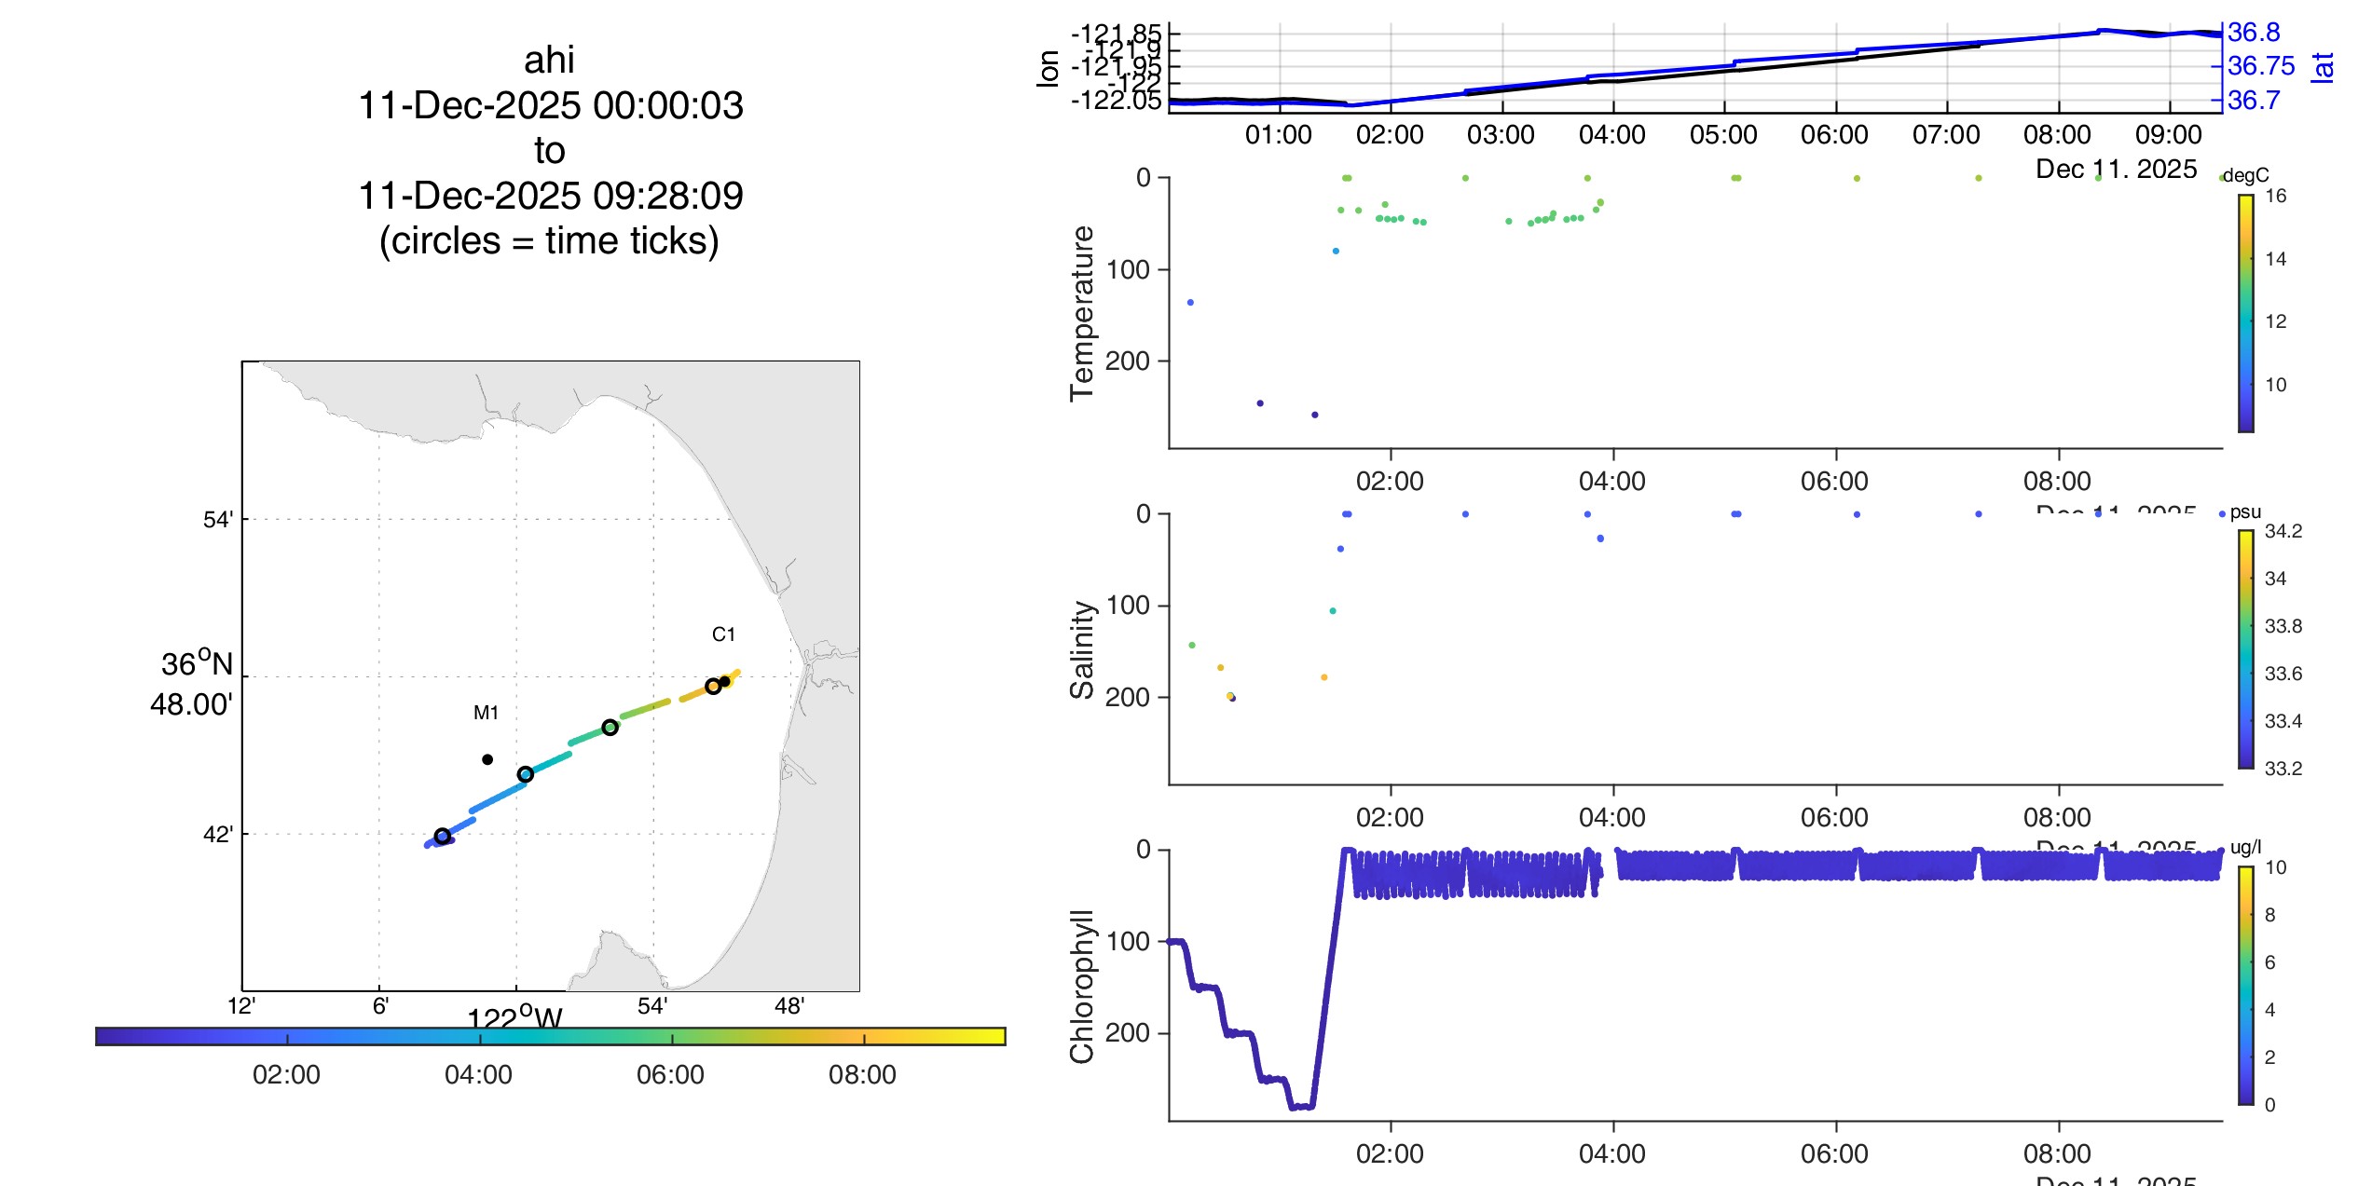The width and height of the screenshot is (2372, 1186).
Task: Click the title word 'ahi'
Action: [549, 61]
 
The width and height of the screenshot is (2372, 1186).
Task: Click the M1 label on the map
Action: [486, 713]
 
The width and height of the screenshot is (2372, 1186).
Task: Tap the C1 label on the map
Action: [723, 634]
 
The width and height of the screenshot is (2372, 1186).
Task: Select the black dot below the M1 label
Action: [487, 759]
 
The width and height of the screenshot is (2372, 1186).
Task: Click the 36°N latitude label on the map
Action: [197, 664]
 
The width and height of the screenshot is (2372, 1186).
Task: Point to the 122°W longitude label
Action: [514, 1016]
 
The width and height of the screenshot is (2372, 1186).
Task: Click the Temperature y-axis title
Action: [1082, 313]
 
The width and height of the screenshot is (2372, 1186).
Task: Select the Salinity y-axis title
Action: [1082, 649]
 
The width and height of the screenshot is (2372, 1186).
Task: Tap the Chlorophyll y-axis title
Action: [1082, 986]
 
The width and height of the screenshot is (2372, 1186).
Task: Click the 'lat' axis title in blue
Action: [2323, 67]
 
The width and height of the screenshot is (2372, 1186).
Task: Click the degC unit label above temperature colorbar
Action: [2246, 175]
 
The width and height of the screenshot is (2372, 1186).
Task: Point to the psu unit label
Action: [2245, 511]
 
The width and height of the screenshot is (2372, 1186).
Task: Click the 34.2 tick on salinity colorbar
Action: [2283, 531]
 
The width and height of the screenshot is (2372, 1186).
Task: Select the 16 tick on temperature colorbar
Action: [2275, 196]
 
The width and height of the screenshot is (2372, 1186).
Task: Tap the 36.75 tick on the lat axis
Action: [2261, 66]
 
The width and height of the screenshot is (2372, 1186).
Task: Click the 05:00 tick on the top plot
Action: [1723, 135]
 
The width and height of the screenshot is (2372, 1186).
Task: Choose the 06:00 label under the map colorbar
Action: [670, 1075]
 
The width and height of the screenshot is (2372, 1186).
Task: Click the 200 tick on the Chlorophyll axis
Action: [1128, 1032]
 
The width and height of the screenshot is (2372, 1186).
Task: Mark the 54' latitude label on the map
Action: [217, 520]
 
